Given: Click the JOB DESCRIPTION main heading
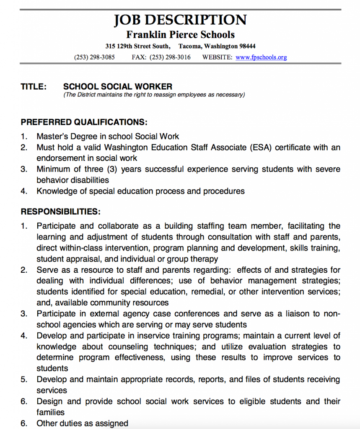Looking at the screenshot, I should click(x=180, y=20).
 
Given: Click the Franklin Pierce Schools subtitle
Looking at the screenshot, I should click(x=180, y=34).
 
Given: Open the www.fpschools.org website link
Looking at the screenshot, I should click(x=261, y=57).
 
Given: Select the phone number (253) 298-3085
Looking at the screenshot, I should click(x=94, y=57).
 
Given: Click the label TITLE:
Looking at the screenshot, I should click(x=34, y=87).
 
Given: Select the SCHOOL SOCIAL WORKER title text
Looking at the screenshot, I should click(x=118, y=87).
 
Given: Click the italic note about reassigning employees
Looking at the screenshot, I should click(x=154, y=95).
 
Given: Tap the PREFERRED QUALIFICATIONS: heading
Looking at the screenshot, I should click(x=84, y=122).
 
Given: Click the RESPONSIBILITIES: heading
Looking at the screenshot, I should click(x=60, y=212).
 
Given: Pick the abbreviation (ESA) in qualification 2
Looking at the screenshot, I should click(x=261, y=147).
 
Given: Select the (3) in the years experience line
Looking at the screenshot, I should click(x=114, y=169).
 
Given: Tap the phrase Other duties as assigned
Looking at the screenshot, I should click(x=82, y=423).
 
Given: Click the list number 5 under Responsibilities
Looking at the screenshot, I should click(x=24, y=380).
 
